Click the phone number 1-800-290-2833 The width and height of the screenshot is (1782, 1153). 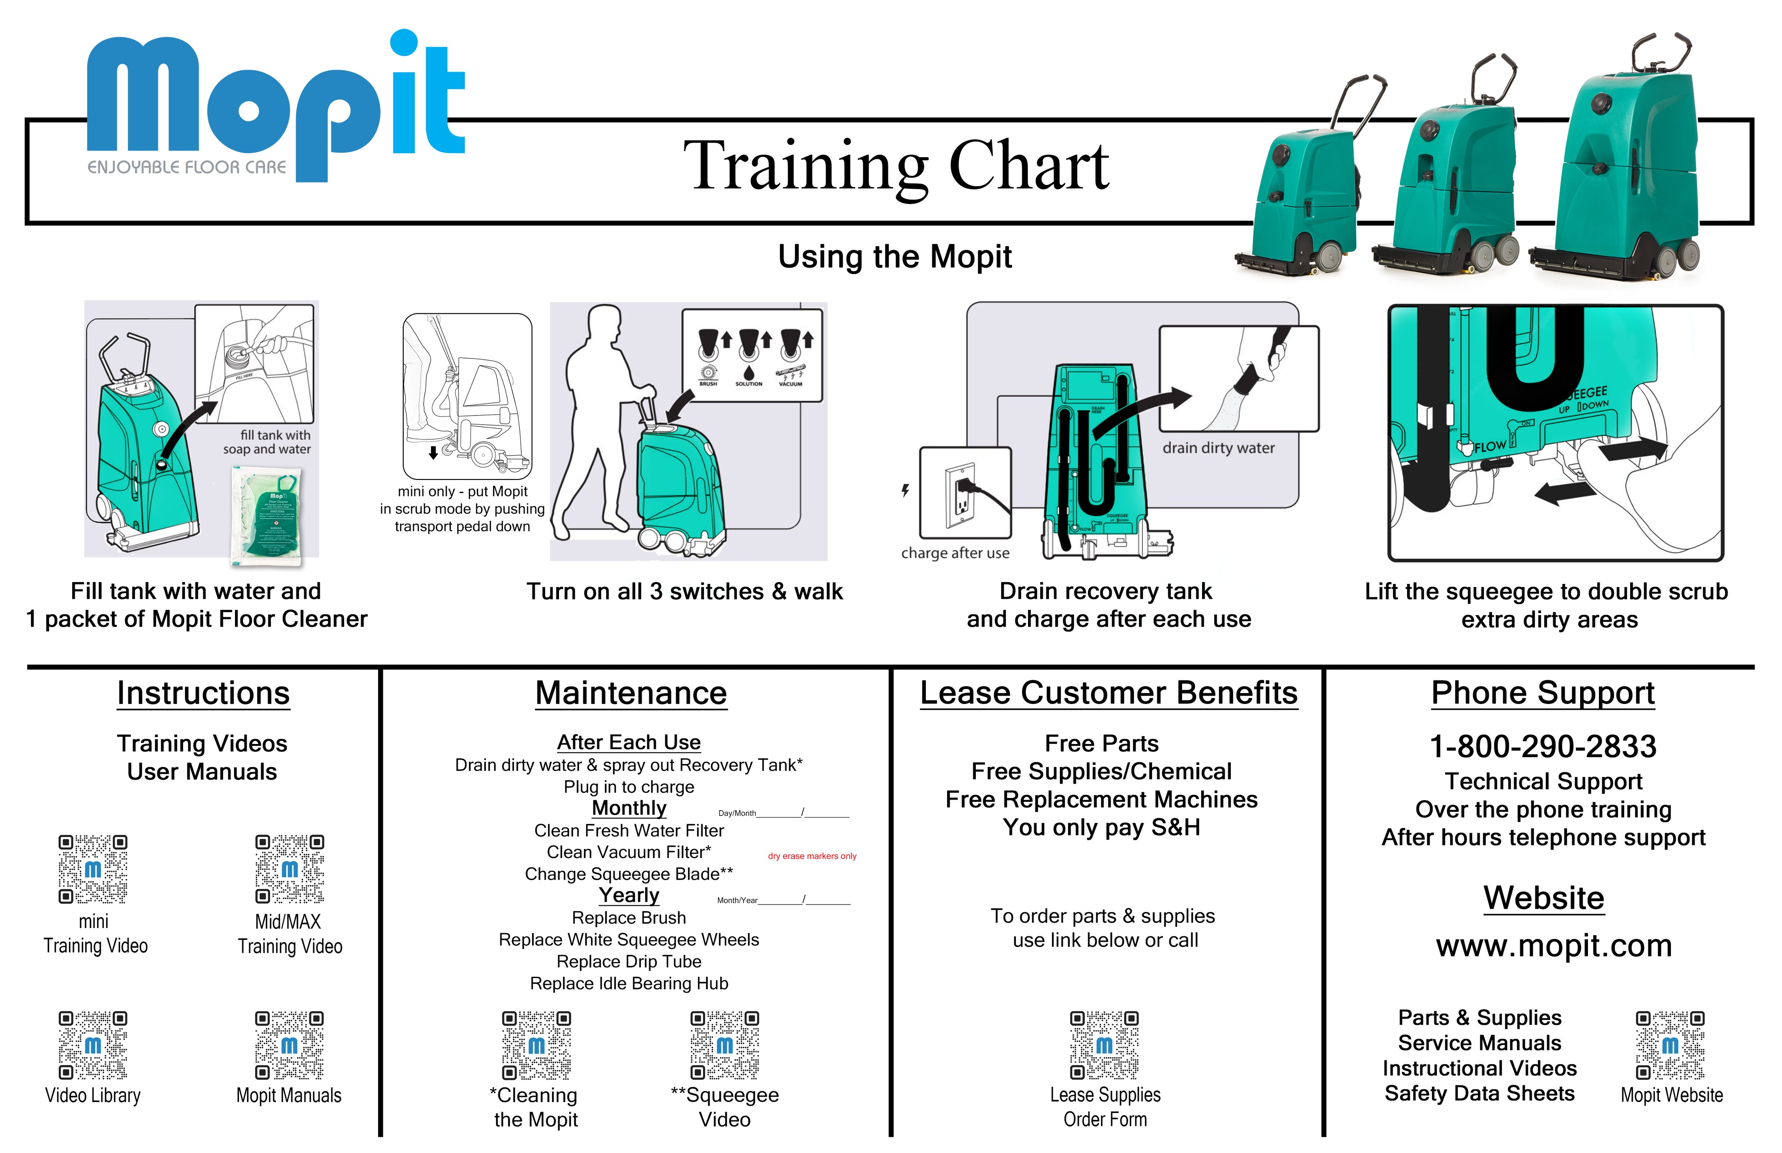click(1543, 747)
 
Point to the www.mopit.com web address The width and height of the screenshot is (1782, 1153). click(1553, 945)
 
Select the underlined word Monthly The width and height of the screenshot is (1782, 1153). click(629, 808)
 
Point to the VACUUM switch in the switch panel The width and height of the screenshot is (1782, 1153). click(791, 359)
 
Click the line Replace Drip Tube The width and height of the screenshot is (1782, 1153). click(629, 961)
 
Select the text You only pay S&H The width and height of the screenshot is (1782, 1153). click(1101, 827)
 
